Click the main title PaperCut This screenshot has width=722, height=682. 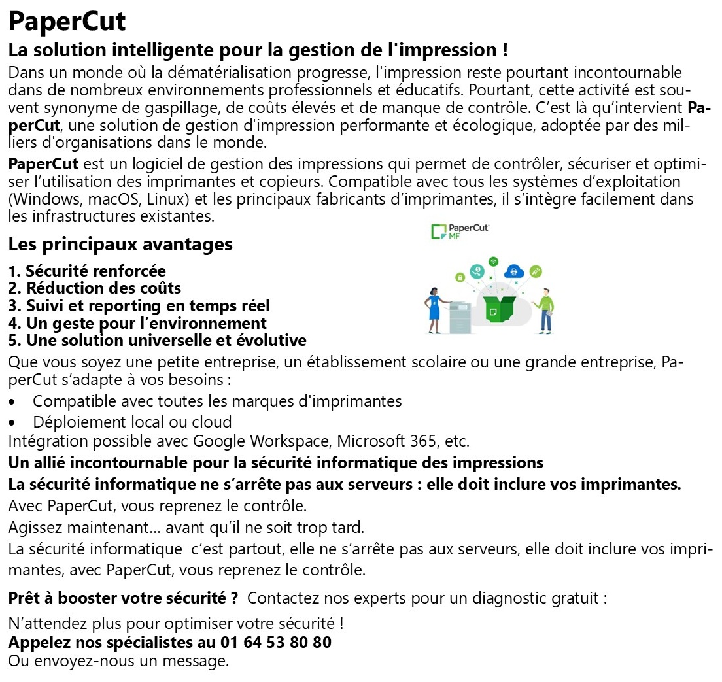tap(67, 22)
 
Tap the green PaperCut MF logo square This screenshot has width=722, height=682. tap(438, 231)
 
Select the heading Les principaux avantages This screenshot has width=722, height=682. tap(120, 245)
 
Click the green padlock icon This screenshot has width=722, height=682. tap(460, 278)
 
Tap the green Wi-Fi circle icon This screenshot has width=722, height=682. tap(494, 262)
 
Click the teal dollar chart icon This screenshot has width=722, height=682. tap(478, 270)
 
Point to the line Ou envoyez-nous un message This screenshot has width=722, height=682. tap(118, 660)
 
